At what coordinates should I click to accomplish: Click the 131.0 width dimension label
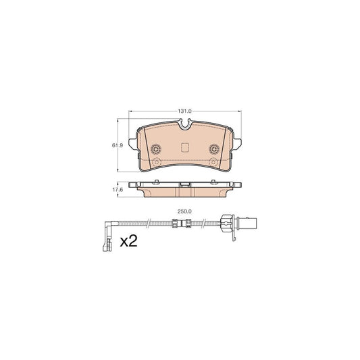184,111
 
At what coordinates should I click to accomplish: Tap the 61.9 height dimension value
118,145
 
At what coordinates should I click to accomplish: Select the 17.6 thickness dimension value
118,190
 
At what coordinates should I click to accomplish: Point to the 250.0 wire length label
184,211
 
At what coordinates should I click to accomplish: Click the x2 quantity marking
128,241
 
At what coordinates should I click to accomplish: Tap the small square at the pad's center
185,147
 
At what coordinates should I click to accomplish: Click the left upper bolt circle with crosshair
156,149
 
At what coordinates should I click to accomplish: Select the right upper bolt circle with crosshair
214,149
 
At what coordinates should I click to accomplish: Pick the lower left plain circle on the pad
157,162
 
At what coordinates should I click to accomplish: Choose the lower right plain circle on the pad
213,162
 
